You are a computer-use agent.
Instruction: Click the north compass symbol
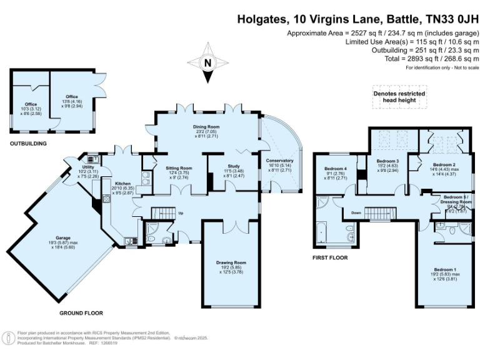(207, 62)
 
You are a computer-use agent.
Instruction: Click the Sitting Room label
(178, 168)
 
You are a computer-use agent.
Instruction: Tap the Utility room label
(88, 167)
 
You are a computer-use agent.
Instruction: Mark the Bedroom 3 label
(387, 161)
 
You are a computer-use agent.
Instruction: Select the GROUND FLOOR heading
(81, 312)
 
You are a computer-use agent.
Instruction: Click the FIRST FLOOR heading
(329, 257)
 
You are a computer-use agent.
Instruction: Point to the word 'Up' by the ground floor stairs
(182, 213)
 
